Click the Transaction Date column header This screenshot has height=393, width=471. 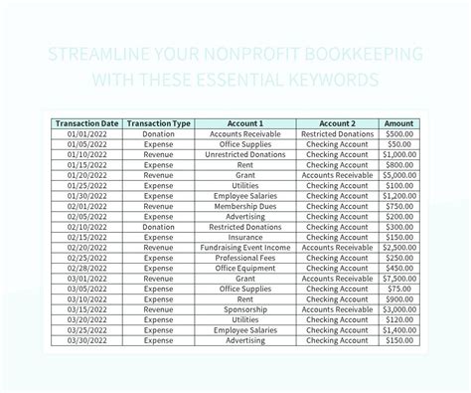86,123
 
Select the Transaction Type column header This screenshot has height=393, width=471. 159,123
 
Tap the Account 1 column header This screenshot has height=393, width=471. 244,123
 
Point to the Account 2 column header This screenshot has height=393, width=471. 337,123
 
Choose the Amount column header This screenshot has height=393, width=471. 399,123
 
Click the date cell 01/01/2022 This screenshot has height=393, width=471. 86,134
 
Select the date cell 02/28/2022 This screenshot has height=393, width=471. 86,268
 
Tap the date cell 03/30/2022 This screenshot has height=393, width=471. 86,339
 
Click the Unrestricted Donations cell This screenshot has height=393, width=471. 244,154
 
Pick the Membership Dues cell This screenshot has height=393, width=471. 244,206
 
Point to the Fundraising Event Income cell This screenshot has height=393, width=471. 244,247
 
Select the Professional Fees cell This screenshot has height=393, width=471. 244,258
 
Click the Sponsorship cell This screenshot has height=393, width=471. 244,308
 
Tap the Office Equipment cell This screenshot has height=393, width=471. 244,268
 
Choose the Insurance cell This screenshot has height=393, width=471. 244,237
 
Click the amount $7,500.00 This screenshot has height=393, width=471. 399,278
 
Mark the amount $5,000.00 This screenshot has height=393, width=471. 399,175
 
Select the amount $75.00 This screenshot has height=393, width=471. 399,289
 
